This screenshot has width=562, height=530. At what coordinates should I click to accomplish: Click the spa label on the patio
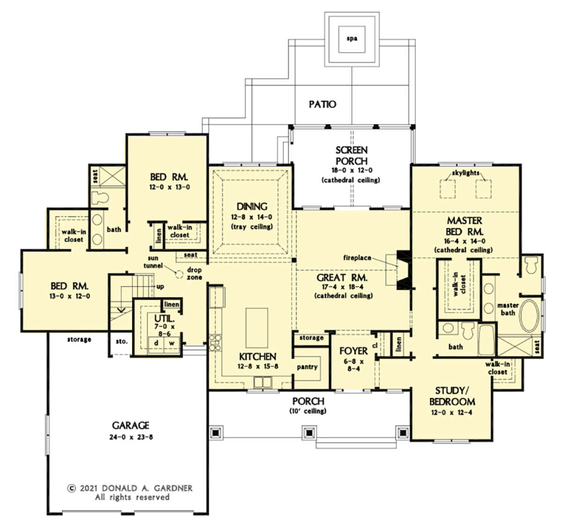point(352,38)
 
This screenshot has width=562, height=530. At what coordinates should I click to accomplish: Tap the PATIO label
point(322,104)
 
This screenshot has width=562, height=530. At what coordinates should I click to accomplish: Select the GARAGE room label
point(131,425)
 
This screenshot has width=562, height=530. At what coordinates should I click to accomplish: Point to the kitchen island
point(257,328)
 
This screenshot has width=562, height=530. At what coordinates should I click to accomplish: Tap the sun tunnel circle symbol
point(179,274)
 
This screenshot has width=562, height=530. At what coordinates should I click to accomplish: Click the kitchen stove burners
point(215,343)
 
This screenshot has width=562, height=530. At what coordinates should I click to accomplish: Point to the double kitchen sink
point(263,382)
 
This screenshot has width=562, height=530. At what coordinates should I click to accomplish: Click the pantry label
point(307,367)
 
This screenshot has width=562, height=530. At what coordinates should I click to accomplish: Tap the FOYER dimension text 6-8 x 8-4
point(354,365)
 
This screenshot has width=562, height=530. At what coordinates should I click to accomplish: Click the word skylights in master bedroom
point(466,173)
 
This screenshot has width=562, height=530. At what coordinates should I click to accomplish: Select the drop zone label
point(194,273)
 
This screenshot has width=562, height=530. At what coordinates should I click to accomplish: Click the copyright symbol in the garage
point(71,488)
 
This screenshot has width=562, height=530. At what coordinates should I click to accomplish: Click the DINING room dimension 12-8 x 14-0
point(251,217)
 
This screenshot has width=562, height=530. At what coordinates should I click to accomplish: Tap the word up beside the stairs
point(160,287)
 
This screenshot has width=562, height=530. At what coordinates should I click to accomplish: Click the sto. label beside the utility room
point(122,341)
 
